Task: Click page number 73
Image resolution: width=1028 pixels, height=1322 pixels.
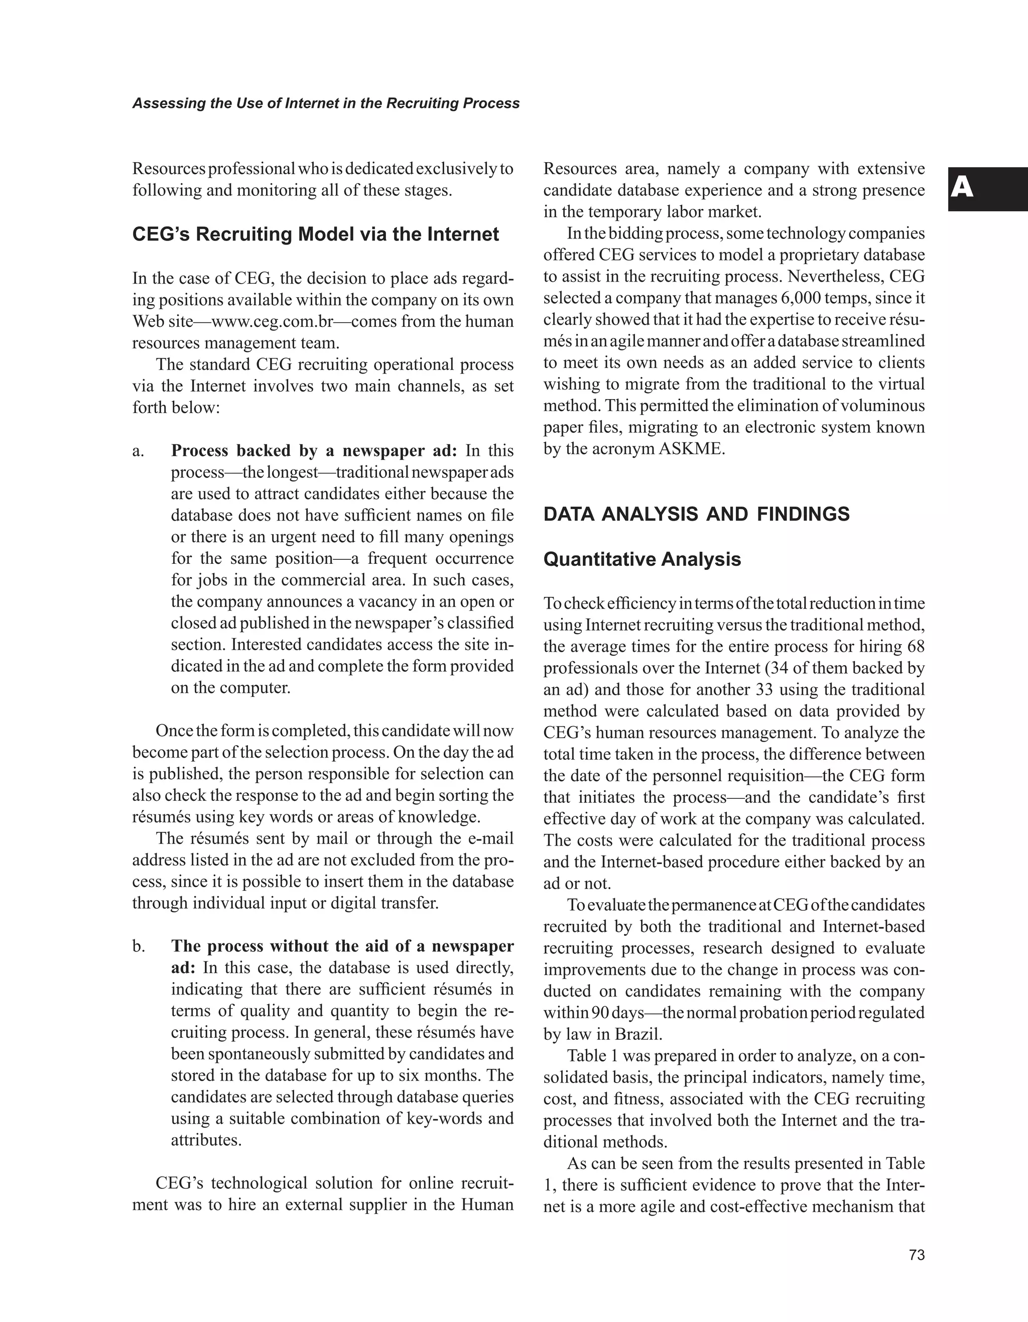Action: point(917,1255)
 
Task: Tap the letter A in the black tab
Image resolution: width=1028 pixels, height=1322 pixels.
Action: point(962,188)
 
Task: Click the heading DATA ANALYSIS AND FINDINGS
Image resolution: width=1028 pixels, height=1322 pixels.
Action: point(696,515)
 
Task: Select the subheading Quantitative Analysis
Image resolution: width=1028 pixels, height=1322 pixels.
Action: point(642,559)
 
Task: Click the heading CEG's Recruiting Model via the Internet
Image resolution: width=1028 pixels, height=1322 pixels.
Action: point(315,234)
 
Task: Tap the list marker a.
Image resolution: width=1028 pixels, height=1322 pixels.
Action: point(138,451)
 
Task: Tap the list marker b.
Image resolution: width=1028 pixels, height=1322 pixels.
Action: point(139,946)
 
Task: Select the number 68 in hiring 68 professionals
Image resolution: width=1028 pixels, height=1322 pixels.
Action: point(916,647)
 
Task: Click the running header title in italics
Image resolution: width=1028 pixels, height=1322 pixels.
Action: point(326,103)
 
